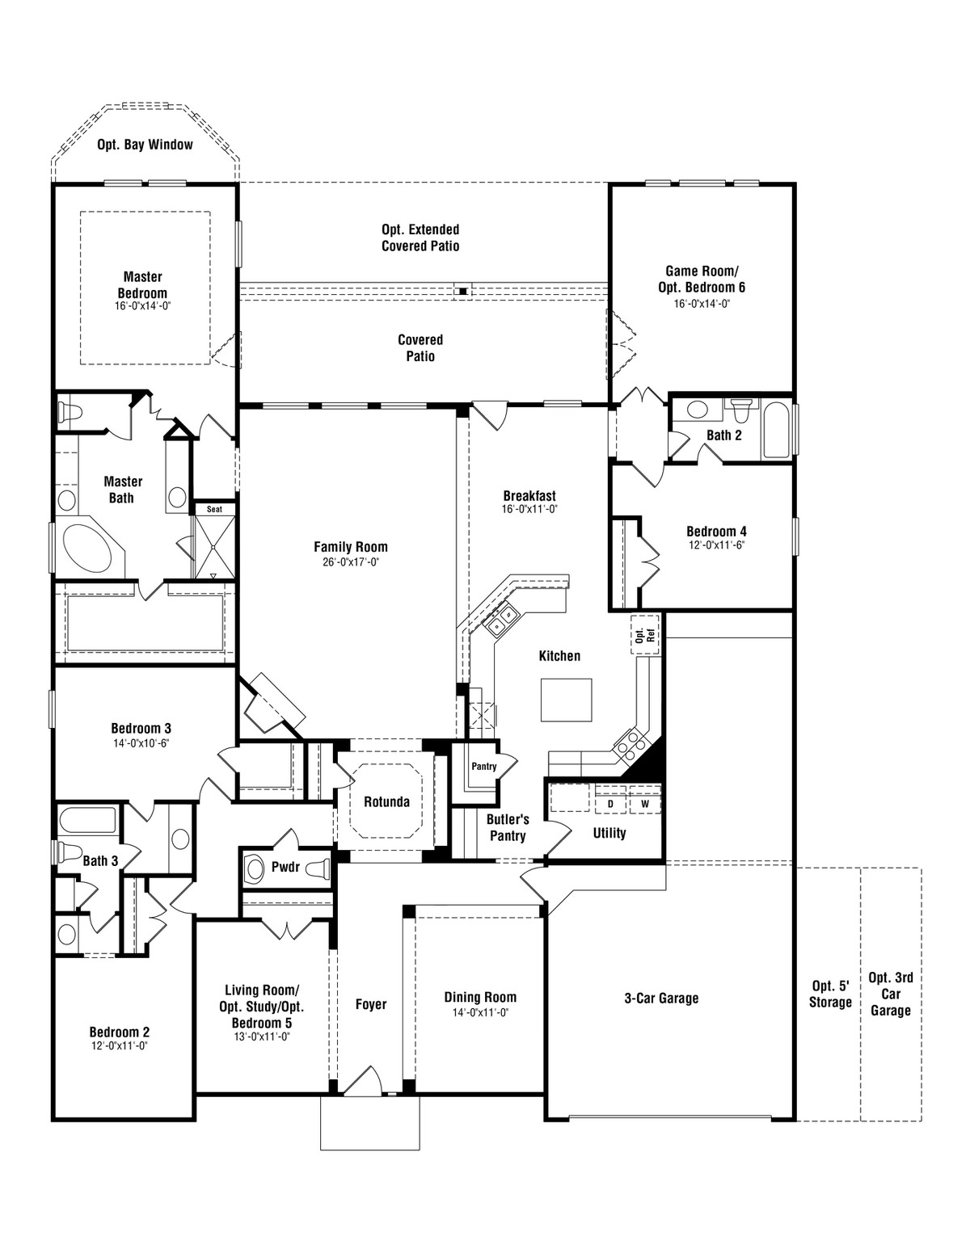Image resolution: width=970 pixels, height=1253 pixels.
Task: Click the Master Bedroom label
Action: tap(142, 285)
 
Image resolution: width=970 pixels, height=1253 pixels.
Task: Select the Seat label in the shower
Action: tap(214, 509)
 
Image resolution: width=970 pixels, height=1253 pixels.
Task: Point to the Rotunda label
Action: tap(386, 802)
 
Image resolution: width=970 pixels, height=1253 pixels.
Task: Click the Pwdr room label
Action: tap(285, 867)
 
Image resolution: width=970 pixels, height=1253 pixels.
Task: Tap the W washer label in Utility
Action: tap(645, 805)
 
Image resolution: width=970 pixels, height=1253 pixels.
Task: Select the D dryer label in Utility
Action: tap(611, 805)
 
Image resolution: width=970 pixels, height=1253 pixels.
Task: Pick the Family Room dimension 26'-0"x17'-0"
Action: tap(350, 561)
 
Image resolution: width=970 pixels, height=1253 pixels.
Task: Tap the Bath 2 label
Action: tap(723, 435)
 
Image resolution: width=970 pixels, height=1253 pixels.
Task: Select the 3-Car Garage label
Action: tap(661, 999)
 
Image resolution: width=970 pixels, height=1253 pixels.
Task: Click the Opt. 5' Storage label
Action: tap(831, 994)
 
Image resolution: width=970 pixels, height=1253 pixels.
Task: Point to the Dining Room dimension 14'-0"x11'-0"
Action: tap(479, 1011)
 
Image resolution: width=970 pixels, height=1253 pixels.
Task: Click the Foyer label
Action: tap(371, 1004)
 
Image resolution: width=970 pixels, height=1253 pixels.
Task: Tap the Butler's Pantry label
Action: tap(507, 827)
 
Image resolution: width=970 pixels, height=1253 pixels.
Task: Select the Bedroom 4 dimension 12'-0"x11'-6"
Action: tap(716, 545)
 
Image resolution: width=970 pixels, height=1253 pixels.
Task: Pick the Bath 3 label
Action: tap(100, 861)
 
